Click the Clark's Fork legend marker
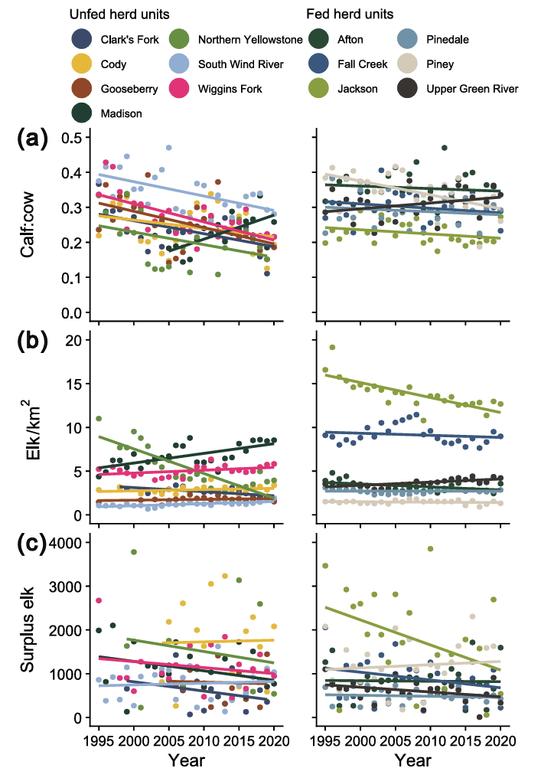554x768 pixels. coord(82,40)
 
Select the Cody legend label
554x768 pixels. coord(114,64)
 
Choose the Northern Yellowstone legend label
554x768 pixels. coord(250,40)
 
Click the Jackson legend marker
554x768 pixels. coord(319,89)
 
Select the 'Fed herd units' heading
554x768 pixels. coord(350,15)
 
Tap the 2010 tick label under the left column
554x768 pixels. coord(202,742)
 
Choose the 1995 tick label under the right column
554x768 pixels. coord(325,742)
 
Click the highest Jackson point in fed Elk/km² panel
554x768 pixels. coord(332,347)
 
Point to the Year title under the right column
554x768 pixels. coord(413,759)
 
